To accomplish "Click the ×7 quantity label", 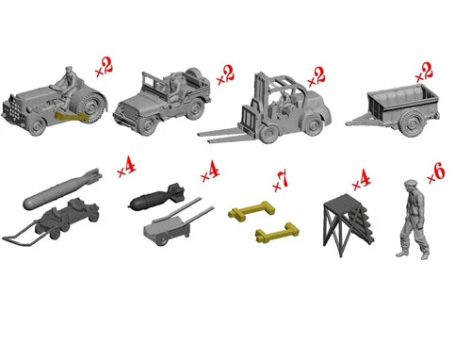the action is (x=281, y=182).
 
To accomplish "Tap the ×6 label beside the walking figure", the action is (x=436, y=173).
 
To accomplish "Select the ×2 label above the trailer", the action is (x=424, y=73).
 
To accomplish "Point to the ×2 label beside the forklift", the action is (x=317, y=76).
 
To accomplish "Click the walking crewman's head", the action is (x=411, y=185).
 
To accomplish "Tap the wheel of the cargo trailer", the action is (x=412, y=123).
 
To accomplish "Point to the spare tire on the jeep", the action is (x=192, y=76).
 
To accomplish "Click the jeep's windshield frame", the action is (x=153, y=85).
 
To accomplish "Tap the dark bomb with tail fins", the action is (x=156, y=198).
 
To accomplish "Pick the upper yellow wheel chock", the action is (x=252, y=210).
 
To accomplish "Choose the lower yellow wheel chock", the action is (x=277, y=233).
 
